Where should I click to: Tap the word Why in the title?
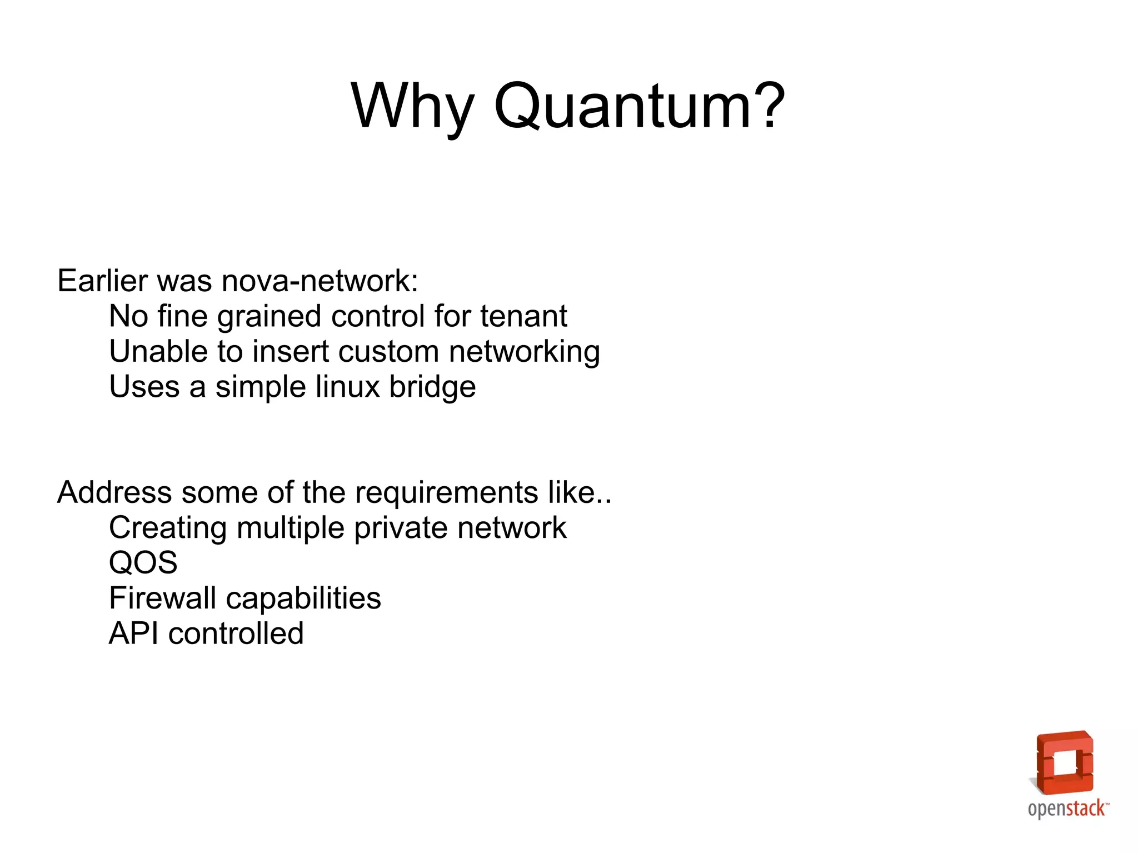tap(412, 107)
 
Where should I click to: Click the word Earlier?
tap(103, 281)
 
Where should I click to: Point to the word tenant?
tap(523, 316)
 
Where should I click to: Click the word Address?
tap(114, 492)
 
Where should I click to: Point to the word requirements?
tap(446, 493)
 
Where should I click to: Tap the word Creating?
tap(168, 528)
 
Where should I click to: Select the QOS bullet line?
tap(143, 563)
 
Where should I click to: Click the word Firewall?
tap(163, 598)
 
